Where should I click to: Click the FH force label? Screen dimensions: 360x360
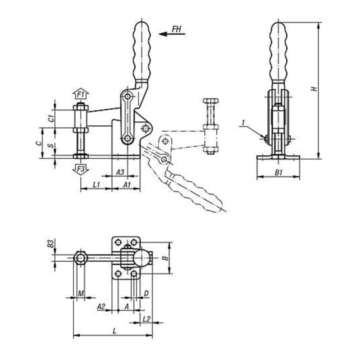176,29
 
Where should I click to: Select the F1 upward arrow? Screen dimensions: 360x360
80,93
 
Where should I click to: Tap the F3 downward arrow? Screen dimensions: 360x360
80,169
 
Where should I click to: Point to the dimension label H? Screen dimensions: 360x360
314,89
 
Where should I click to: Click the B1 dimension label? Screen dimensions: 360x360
278,172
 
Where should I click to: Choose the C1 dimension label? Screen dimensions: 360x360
52,118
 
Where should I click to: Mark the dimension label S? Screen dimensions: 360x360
52,145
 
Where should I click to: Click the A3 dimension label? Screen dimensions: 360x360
120,172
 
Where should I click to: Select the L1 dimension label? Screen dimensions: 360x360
96,184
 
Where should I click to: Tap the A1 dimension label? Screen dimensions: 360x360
126,184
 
